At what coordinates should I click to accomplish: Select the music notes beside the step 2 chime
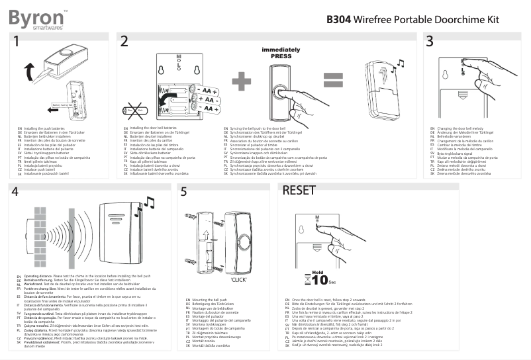[x=398, y=65]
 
